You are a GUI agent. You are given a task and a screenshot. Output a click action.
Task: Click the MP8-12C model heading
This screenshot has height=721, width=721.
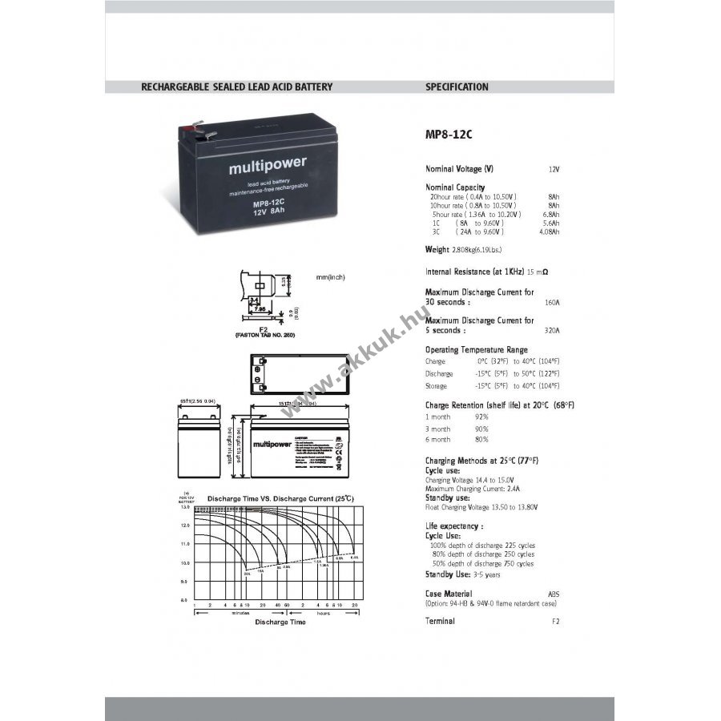449,135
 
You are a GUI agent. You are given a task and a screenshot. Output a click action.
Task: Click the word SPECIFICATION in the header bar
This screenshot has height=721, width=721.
457,87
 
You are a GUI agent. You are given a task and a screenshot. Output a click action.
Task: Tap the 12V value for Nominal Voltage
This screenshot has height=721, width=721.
554,170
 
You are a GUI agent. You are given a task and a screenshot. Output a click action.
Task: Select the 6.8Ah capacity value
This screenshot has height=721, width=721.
551,214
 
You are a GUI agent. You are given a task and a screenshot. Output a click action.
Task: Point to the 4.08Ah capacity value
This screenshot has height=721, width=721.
550,232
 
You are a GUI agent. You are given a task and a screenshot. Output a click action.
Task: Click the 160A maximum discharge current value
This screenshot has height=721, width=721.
552,303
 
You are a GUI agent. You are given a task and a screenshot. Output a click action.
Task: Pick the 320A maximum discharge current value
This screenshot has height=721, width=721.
552,330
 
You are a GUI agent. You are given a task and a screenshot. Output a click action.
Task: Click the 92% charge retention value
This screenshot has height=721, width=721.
481,417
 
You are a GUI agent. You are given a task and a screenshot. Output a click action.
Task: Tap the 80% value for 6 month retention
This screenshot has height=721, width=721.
481,440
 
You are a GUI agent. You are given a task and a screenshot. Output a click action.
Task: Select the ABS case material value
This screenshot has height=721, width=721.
554,594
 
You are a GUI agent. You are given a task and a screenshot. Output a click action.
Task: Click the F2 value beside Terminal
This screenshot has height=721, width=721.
556,622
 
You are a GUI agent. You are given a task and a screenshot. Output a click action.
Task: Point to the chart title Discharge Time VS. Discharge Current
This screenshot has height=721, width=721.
280,498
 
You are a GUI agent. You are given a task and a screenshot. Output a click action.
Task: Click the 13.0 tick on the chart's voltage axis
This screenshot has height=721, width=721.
184,507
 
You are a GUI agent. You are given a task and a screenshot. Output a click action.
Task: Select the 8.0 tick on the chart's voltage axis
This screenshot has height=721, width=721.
184,600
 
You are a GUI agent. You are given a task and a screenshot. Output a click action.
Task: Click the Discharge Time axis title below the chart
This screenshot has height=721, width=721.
280,622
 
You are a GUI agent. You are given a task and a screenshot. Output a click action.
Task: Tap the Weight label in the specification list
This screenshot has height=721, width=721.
437,251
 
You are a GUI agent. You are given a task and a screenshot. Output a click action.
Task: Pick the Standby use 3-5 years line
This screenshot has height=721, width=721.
463,574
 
